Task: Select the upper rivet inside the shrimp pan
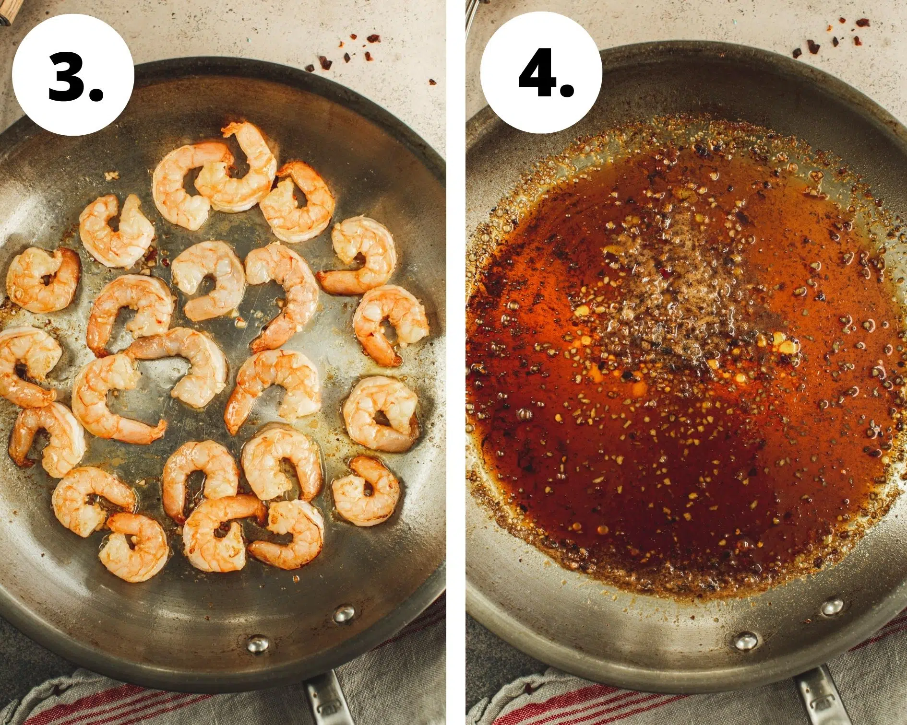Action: pyautogui.click(x=344, y=614)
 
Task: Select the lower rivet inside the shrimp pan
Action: pyautogui.click(x=258, y=644)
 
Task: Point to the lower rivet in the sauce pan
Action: pyautogui.click(x=747, y=641)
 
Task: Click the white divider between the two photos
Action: pyautogui.click(x=456, y=362)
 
